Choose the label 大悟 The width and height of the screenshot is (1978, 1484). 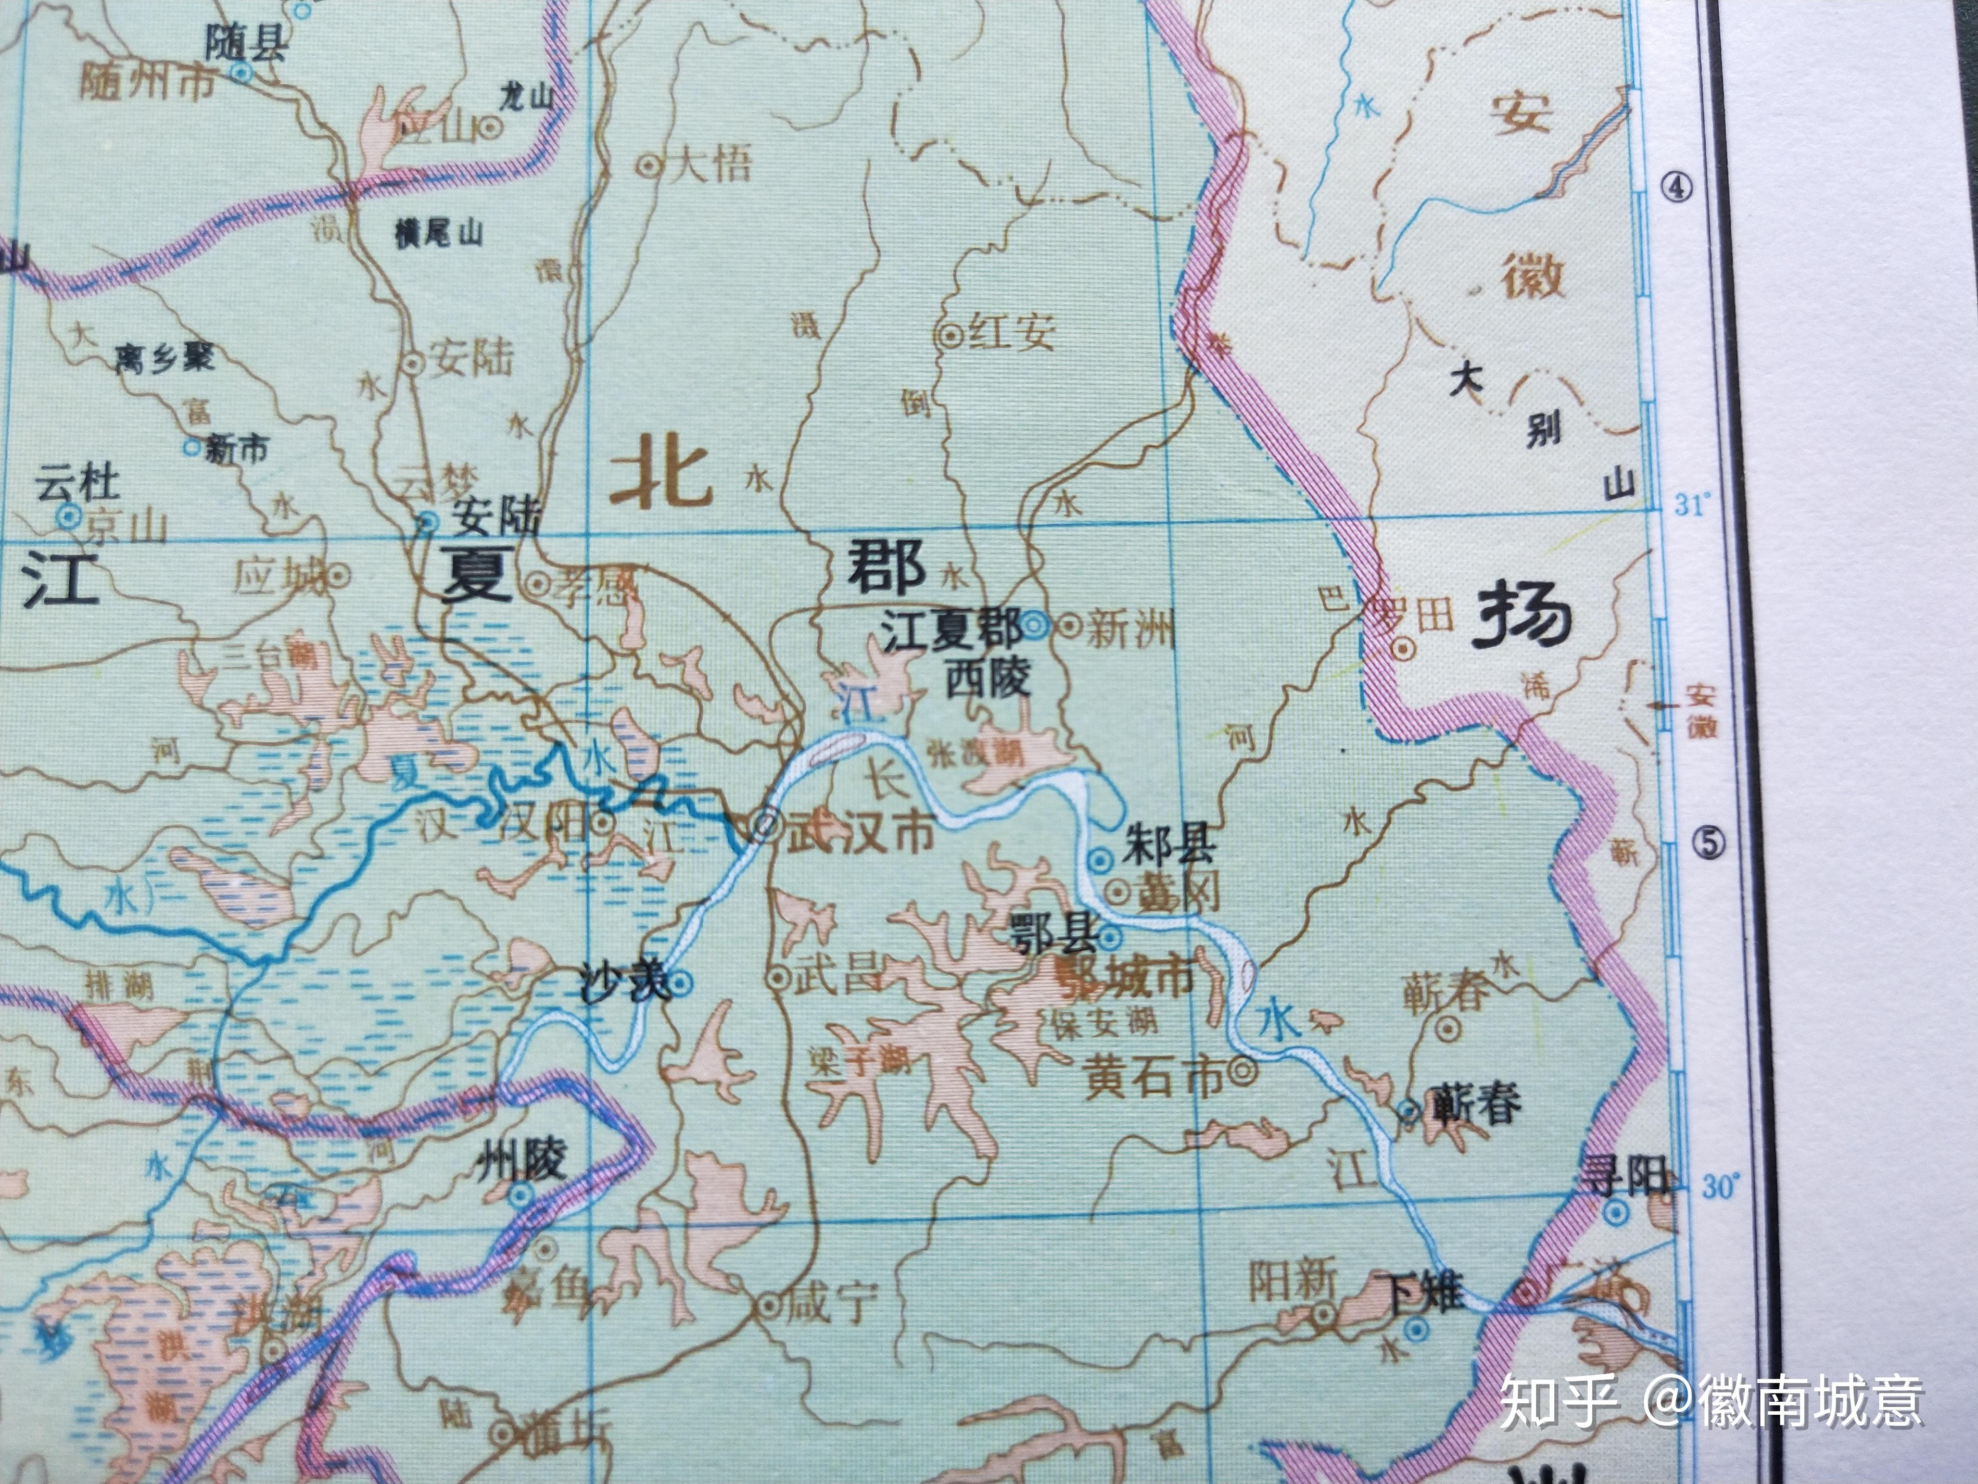point(711,165)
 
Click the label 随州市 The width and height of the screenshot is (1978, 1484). point(147,84)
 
